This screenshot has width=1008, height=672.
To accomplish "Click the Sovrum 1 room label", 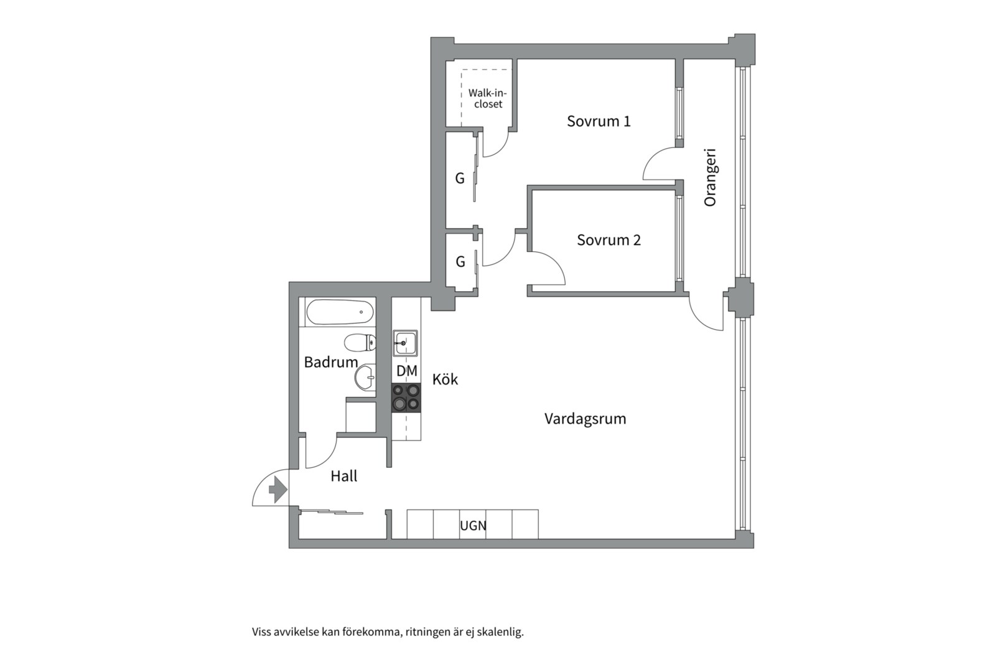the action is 599,121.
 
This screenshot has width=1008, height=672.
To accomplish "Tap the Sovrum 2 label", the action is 609,240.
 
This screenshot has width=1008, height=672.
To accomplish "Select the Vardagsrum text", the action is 585,419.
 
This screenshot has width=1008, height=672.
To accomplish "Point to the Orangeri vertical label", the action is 710,177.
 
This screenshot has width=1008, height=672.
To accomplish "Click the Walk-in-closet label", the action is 488,98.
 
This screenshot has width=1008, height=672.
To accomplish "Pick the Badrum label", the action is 331,362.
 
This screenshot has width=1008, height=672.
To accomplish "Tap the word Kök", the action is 445,380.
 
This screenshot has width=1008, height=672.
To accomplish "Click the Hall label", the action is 344,476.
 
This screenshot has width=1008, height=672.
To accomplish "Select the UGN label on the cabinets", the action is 473,526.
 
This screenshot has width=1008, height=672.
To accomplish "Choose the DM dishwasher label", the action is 407,371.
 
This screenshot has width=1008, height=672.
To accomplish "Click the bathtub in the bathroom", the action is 340,312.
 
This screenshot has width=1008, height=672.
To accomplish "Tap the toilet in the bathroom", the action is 360,342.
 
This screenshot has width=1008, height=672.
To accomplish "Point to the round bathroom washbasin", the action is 365,376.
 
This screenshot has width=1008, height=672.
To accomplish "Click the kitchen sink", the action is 405,343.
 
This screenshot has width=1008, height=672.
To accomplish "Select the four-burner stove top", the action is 406,398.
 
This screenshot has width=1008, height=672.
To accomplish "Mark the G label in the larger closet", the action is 459,179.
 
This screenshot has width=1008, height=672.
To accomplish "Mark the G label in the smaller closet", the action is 460,261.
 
